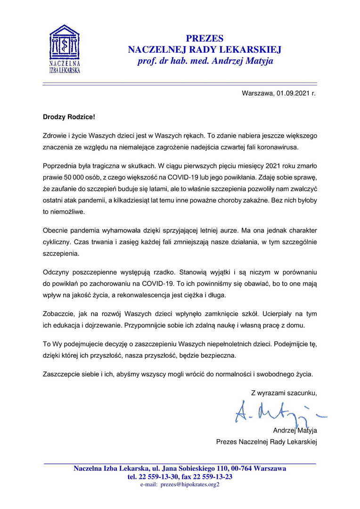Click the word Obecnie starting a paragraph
pos(56,232)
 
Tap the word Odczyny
pos(56,273)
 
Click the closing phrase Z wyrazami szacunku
pos(284,392)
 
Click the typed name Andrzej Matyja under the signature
pos(295,430)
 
